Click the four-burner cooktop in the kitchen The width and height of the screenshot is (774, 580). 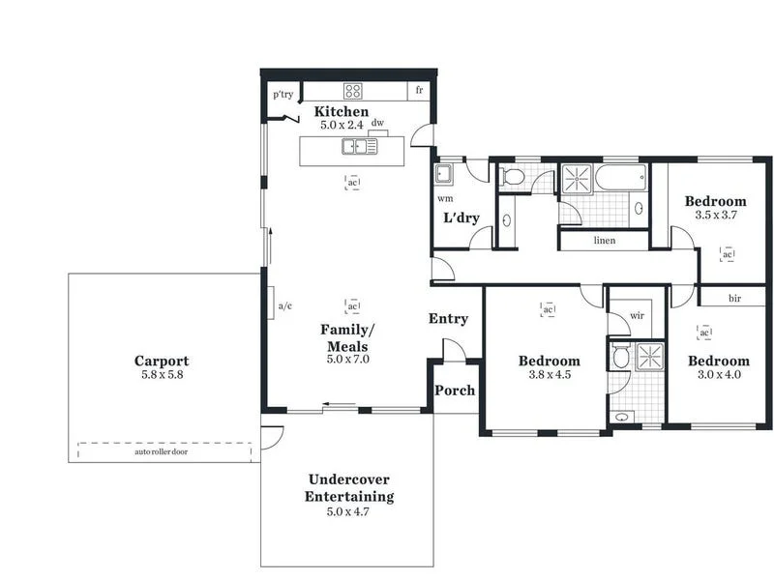(353, 92)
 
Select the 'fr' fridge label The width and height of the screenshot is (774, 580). (419, 90)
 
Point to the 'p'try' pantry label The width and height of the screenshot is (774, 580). (283, 95)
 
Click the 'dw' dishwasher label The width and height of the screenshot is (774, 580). (378, 124)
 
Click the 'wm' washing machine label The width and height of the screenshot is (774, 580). (445, 198)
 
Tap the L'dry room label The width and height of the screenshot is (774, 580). (461, 217)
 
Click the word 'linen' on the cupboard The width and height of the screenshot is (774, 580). (604, 241)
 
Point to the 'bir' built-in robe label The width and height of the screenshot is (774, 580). (734, 299)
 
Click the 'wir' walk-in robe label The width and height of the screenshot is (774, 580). (637, 315)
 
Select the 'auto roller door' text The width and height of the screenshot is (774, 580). (161, 451)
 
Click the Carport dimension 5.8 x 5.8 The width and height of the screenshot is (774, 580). (162, 375)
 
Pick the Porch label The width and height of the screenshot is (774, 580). (454, 391)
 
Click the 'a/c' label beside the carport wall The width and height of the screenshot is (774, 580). (285, 306)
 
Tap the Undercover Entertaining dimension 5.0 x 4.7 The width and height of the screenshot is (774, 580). (348, 511)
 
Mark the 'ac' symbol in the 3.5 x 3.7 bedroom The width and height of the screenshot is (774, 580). (728, 254)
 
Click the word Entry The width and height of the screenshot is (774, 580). (448, 319)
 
